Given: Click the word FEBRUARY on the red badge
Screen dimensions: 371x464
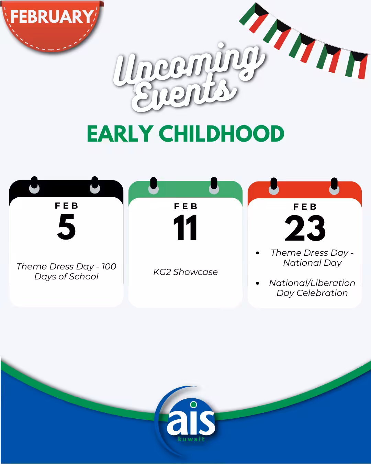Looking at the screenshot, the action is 52,16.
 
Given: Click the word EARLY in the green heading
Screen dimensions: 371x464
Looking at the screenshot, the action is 120,134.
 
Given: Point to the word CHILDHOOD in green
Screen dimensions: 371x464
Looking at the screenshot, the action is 222,134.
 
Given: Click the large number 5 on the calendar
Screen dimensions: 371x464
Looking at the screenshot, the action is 66,227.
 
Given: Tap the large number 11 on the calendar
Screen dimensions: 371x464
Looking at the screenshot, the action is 185,227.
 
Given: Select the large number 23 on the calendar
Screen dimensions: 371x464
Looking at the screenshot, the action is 305,228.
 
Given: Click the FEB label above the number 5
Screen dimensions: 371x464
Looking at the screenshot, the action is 66,206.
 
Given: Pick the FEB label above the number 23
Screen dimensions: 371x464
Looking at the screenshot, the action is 305,207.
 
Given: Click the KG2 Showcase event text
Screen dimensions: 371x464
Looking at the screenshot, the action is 185,272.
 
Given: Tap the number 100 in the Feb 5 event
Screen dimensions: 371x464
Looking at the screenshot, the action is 109,266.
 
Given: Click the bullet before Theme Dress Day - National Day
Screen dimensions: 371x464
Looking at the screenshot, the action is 257,253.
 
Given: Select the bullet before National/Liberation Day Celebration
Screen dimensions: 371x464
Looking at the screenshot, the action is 257,283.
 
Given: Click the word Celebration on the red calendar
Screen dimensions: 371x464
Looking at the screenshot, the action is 322,293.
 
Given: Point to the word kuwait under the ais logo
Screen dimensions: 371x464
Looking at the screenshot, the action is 191,439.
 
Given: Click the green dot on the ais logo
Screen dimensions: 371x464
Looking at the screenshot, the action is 194,405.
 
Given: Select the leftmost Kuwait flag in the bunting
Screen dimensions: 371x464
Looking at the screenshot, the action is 254,18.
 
